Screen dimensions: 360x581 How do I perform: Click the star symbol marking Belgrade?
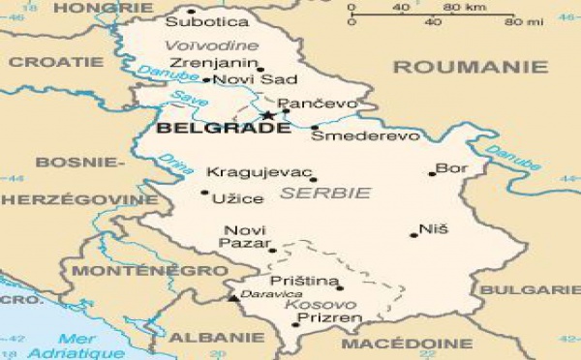tap(268, 116)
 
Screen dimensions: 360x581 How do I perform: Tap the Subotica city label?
tap(206, 20)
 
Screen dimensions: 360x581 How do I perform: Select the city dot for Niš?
tap(413, 235)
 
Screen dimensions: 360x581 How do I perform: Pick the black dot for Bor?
tap(432, 175)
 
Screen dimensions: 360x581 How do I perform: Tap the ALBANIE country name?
tap(216, 337)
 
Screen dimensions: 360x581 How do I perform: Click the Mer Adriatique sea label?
tap(89, 346)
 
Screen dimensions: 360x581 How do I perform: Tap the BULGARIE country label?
tap(542, 289)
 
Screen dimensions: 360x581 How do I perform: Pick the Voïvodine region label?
tap(211, 45)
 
